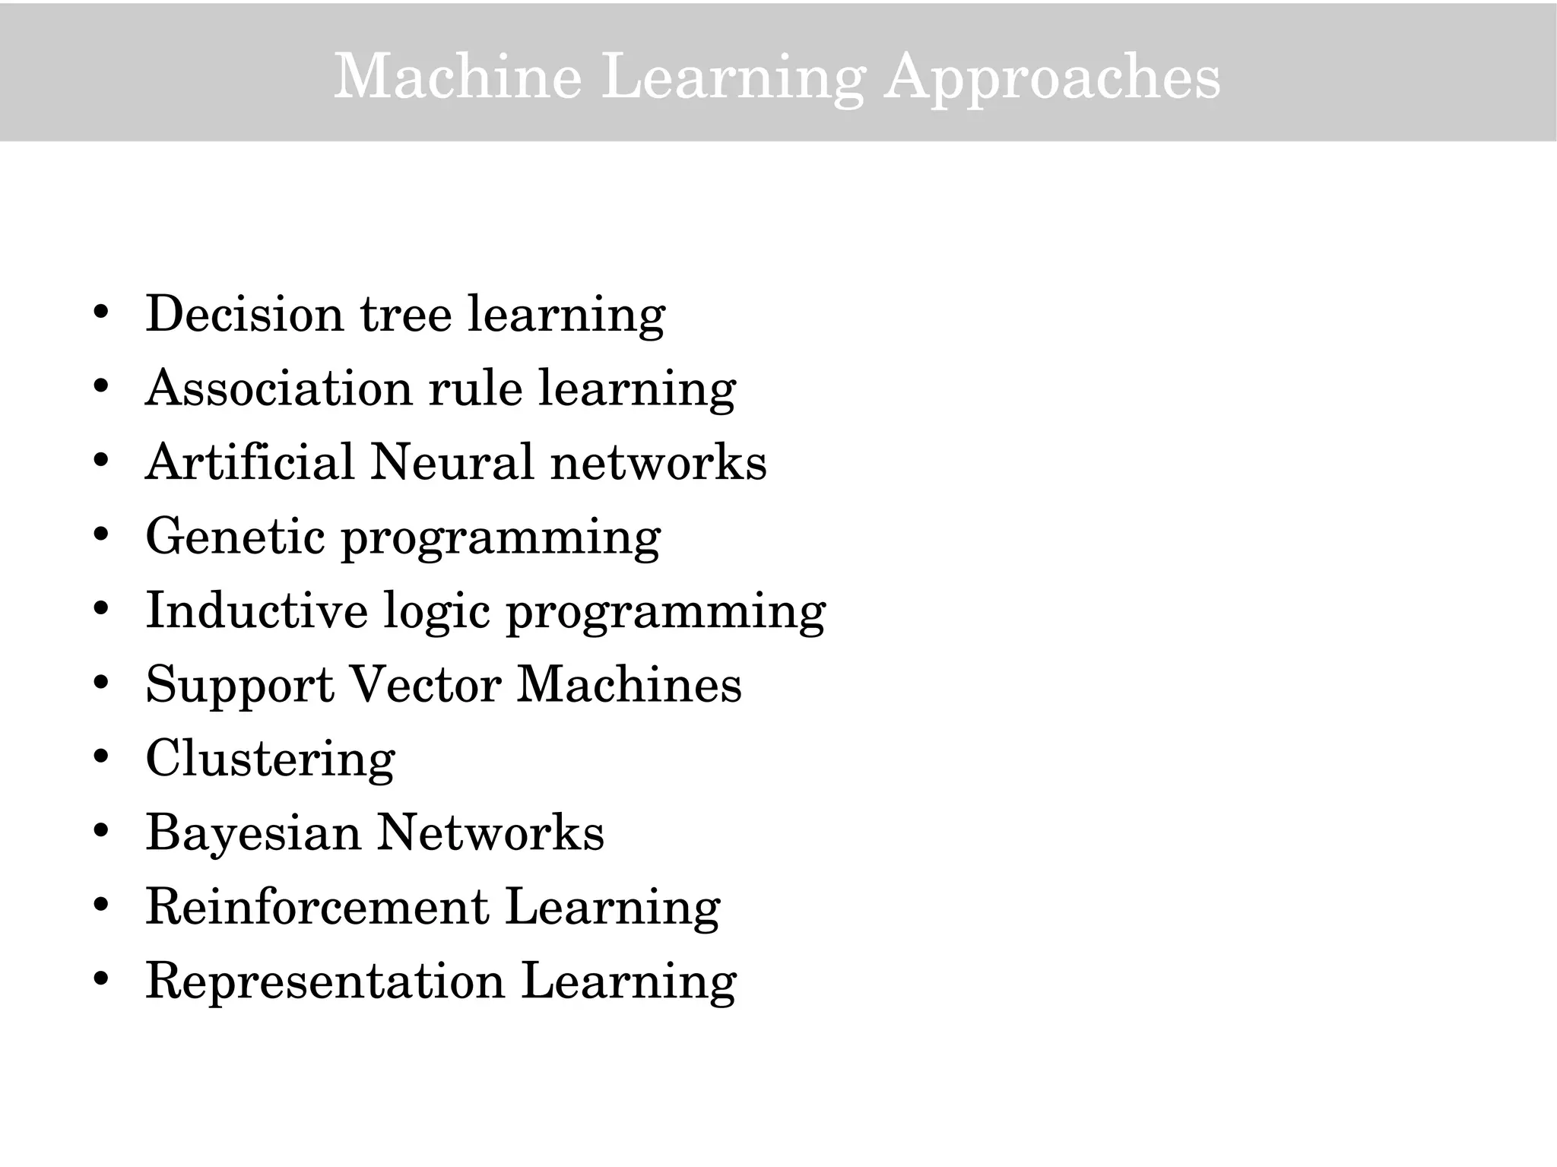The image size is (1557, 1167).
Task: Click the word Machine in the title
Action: (458, 76)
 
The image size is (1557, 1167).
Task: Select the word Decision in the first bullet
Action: (244, 313)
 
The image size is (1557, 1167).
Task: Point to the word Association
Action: (278, 388)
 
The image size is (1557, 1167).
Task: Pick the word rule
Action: (475, 388)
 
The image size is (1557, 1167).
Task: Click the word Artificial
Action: (249, 461)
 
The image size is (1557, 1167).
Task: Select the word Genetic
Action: (235, 536)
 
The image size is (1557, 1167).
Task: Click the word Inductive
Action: (256, 610)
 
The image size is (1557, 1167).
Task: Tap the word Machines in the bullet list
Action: (629, 683)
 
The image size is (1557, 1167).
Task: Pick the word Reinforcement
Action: (317, 906)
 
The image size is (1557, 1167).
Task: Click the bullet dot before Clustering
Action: (101, 756)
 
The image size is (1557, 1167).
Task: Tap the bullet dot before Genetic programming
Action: (101, 534)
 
